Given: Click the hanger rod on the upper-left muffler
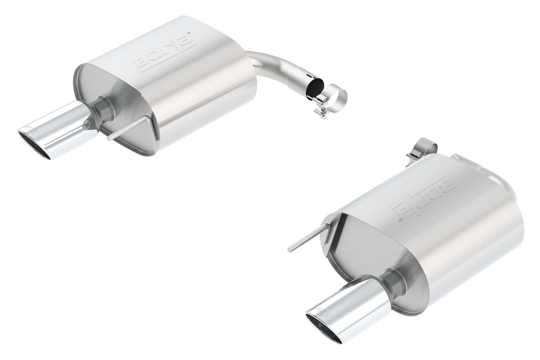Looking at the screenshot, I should tap(129, 132).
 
